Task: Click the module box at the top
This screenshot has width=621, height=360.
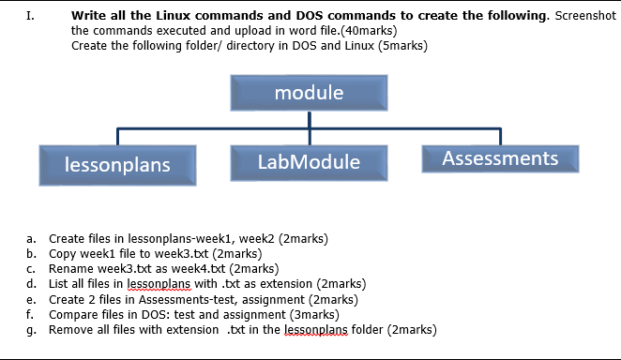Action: (x=309, y=93)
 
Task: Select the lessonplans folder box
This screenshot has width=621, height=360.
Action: (x=117, y=164)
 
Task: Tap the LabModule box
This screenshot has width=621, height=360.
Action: (x=309, y=162)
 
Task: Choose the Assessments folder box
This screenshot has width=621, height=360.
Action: (x=499, y=158)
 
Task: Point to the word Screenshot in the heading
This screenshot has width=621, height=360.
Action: (x=585, y=16)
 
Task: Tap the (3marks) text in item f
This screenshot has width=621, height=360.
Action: (x=309, y=315)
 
